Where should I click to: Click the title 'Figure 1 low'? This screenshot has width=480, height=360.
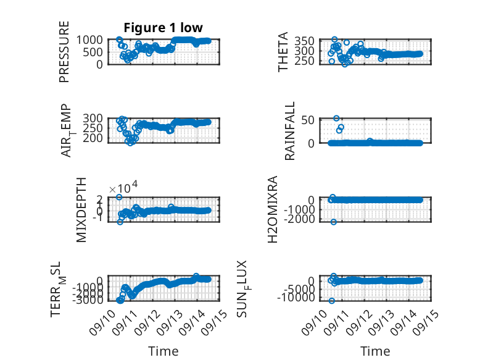pos(163,28)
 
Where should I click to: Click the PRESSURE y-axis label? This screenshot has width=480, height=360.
pos(64,52)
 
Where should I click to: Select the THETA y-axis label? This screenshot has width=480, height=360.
pos(283,52)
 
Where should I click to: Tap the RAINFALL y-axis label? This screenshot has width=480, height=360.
pos(289,131)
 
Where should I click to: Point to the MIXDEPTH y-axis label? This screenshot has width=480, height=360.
pos(81,210)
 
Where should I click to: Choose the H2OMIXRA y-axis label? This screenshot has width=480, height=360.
pos(273,209)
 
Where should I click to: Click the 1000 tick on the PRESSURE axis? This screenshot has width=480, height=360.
pos(89,40)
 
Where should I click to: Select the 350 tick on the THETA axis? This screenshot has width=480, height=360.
pos(305,41)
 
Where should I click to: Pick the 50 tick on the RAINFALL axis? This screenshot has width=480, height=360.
pos(308,120)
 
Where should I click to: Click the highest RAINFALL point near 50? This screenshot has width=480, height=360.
pos(336,119)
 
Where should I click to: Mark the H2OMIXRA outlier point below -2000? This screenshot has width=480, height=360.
pos(334,222)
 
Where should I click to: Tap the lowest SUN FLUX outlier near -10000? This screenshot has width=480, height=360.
pos(331,301)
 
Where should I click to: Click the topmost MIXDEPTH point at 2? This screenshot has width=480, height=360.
pos(119,197)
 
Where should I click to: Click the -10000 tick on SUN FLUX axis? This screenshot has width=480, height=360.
pos(296,297)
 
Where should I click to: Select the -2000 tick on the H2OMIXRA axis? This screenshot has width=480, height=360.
pos(299,219)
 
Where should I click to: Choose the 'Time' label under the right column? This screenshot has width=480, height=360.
pos(375,351)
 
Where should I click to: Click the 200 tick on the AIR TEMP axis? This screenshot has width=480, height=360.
pos(93,138)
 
